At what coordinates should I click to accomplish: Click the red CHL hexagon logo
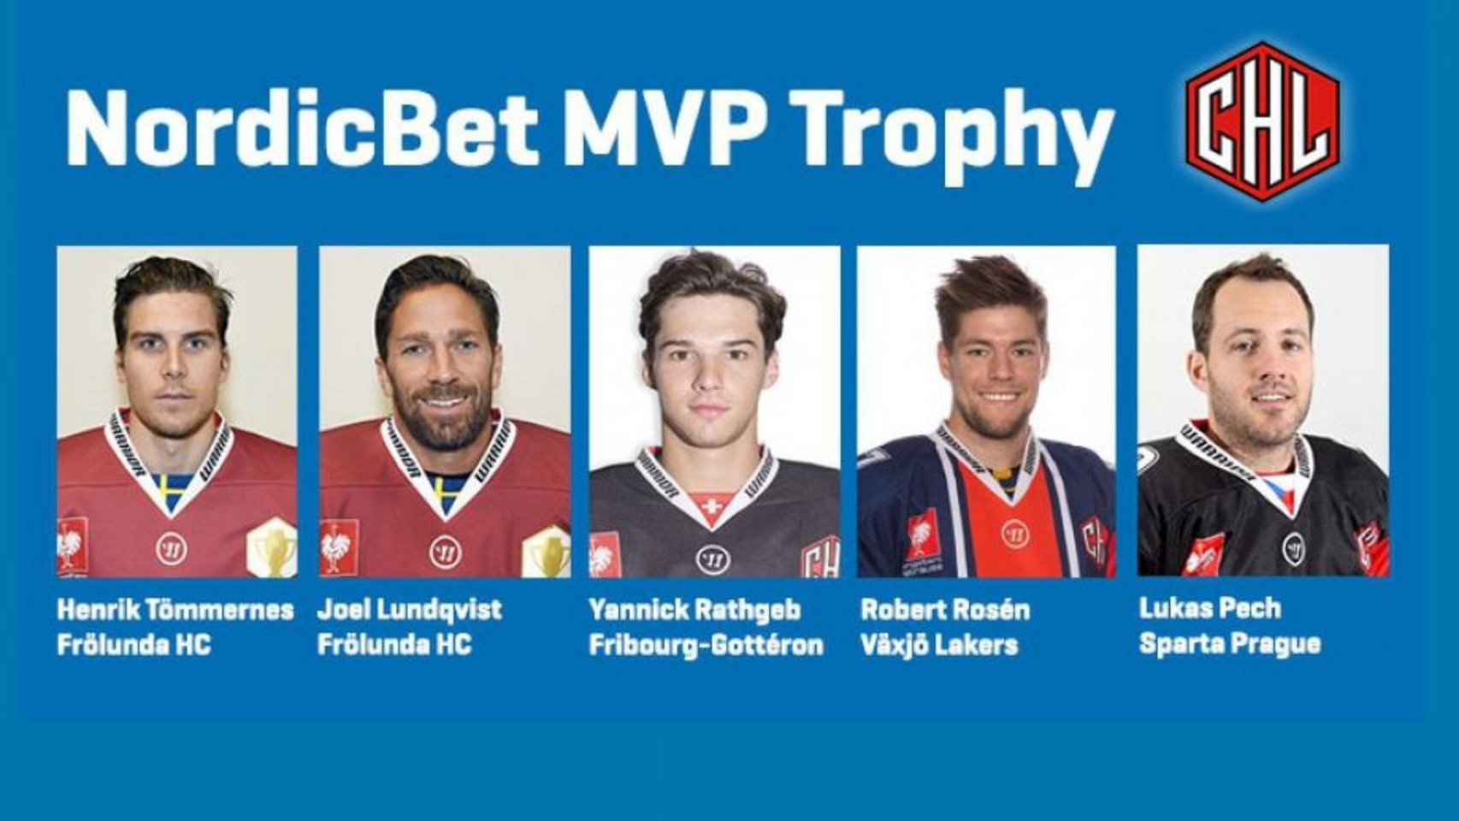[x=1262, y=121]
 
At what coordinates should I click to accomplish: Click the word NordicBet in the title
[x=302, y=127]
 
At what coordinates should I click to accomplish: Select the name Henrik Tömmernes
[x=175, y=611]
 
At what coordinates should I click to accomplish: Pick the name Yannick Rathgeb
[x=695, y=611]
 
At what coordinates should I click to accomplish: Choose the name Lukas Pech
[x=1210, y=609]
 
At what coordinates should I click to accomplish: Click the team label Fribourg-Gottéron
[x=706, y=645]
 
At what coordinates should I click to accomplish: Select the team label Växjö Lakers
[x=939, y=646]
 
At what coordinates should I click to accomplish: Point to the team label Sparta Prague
[x=1230, y=645]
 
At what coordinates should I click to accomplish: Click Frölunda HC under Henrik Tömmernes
[x=134, y=645]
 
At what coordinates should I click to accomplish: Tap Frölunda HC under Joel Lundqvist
[x=394, y=645]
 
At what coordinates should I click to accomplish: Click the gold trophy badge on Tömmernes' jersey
[x=272, y=547]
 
